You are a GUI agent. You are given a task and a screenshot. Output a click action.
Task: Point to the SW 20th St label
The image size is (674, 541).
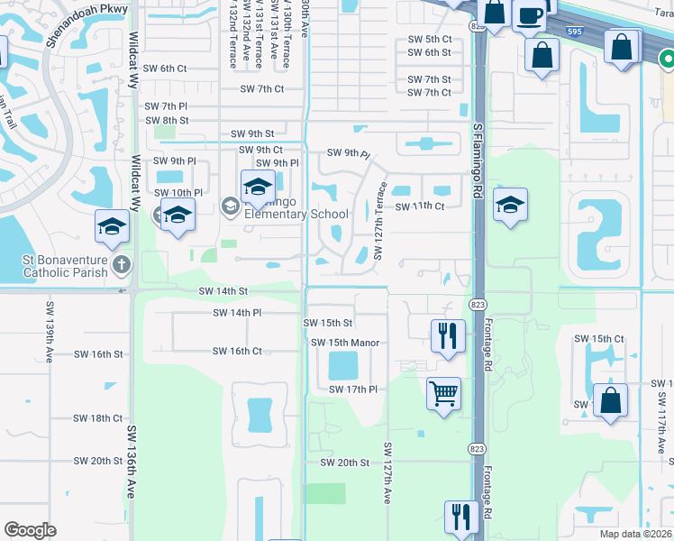[x=345, y=463]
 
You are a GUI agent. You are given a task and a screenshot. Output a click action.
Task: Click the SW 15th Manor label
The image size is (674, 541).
[x=345, y=343]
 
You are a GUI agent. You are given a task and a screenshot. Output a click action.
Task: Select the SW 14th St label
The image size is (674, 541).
[x=223, y=291]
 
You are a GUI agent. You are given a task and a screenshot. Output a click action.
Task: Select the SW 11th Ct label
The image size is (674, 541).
[x=422, y=206]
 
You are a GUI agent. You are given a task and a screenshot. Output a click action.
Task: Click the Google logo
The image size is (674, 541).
[x=30, y=530]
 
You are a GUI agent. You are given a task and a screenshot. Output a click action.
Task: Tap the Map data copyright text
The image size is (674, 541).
[x=635, y=534]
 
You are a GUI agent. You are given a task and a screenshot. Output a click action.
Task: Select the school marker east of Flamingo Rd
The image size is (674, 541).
[x=510, y=206]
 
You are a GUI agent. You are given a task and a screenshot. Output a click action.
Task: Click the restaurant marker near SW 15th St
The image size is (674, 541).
[x=447, y=336]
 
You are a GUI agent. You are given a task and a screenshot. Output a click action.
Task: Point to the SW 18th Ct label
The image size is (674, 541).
[x=98, y=418]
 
